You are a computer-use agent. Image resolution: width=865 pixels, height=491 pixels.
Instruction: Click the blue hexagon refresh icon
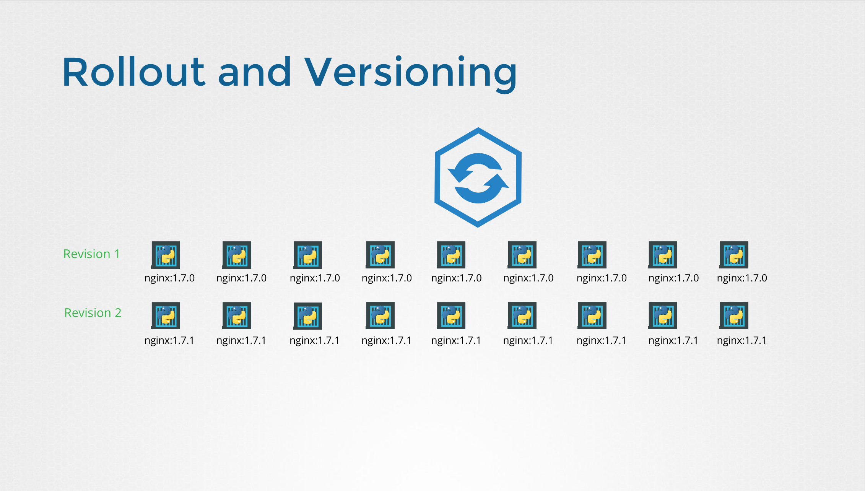point(478,177)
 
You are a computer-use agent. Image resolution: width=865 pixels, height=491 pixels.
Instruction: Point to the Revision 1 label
point(92,254)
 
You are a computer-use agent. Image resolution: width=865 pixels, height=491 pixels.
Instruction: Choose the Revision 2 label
point(93,313)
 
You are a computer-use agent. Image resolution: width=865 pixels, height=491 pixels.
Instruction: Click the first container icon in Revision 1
point(166,255)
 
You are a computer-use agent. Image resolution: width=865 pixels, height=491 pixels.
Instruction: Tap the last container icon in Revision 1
point(734,255)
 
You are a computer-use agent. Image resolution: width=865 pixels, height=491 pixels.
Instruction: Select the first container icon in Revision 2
point(166,315)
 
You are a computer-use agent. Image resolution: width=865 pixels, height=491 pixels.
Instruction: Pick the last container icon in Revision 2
point(734,315)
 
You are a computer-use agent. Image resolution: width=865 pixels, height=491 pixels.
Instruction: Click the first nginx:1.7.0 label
point(169,278)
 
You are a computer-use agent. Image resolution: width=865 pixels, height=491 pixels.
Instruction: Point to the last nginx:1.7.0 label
point(742,278)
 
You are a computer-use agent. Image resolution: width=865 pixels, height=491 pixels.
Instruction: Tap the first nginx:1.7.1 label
point(169,340)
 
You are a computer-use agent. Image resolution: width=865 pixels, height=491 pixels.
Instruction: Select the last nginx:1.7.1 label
point(741,340)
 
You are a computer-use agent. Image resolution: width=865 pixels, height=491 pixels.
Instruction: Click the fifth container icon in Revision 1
point(451,255)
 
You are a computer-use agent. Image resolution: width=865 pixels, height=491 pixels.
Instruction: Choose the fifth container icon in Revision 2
point(451,315)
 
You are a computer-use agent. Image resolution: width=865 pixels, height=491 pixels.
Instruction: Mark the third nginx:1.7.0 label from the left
point(315,278)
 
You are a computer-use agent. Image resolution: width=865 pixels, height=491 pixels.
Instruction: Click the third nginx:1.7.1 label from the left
point(314,340)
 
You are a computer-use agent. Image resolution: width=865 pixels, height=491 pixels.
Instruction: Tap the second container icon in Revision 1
point(237,255)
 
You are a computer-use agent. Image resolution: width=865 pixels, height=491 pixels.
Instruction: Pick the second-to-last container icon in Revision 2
point(663,315)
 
